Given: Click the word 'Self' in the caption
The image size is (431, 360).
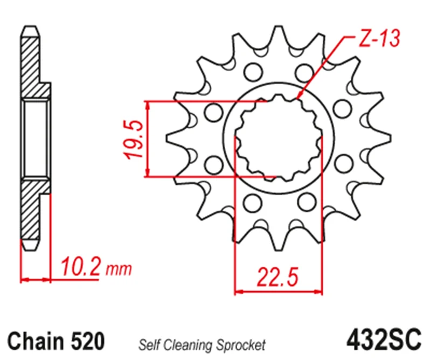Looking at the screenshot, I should tap(149, 344).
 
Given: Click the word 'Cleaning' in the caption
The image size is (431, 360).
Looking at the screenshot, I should tap(188, 344).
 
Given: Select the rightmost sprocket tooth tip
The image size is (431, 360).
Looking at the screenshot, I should tap(388, 139).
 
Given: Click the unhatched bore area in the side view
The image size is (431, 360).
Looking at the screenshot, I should tap(36, 139).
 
